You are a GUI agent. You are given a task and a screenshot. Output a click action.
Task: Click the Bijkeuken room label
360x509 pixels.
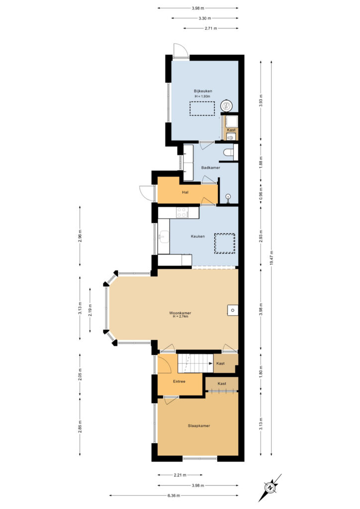click(203, 91)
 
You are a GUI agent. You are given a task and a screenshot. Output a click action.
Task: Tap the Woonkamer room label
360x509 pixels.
click(180, 313)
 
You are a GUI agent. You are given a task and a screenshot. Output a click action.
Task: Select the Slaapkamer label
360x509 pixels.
click(199, 425)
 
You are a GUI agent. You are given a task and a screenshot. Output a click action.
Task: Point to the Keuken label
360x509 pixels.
click(198, 236)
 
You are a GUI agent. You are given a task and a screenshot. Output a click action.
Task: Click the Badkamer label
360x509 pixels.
click(211, 168)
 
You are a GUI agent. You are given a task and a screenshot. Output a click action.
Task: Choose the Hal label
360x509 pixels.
click(185, 192)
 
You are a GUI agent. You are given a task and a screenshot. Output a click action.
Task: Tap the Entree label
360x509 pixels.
click(179, 381)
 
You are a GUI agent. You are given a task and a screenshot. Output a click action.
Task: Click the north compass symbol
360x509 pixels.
click(270, 488)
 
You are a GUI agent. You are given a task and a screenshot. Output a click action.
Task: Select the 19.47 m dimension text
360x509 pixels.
click(271, 258)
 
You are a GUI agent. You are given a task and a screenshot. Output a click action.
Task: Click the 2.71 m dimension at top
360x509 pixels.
click(211, 28)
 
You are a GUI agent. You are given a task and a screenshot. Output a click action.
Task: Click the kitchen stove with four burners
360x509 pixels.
click(183, 212)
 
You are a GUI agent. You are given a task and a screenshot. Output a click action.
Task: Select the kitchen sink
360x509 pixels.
click(164, 236)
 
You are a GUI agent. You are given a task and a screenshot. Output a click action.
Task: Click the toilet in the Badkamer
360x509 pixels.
click(229, 152)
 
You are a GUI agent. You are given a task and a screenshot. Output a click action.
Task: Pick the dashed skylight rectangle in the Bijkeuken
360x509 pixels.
click(202, 108)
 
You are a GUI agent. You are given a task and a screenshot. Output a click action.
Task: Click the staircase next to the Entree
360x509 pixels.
click(195, 363)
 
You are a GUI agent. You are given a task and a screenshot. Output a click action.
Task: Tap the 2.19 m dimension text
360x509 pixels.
click(90, 310)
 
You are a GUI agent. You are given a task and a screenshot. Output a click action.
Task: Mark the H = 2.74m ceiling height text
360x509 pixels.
click(180, 316)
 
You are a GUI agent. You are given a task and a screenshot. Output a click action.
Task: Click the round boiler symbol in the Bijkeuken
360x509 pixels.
click(226, 105)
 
